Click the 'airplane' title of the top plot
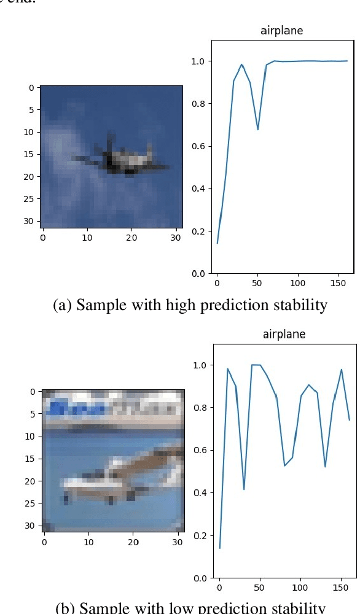pos(282,31)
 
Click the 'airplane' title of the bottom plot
pos(284,335)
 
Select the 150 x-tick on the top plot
pos(338,284)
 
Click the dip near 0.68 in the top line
pos(258,130)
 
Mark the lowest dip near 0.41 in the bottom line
pos(244,489)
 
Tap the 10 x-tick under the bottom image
pos(89,541)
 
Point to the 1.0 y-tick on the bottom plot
pos(199,365)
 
